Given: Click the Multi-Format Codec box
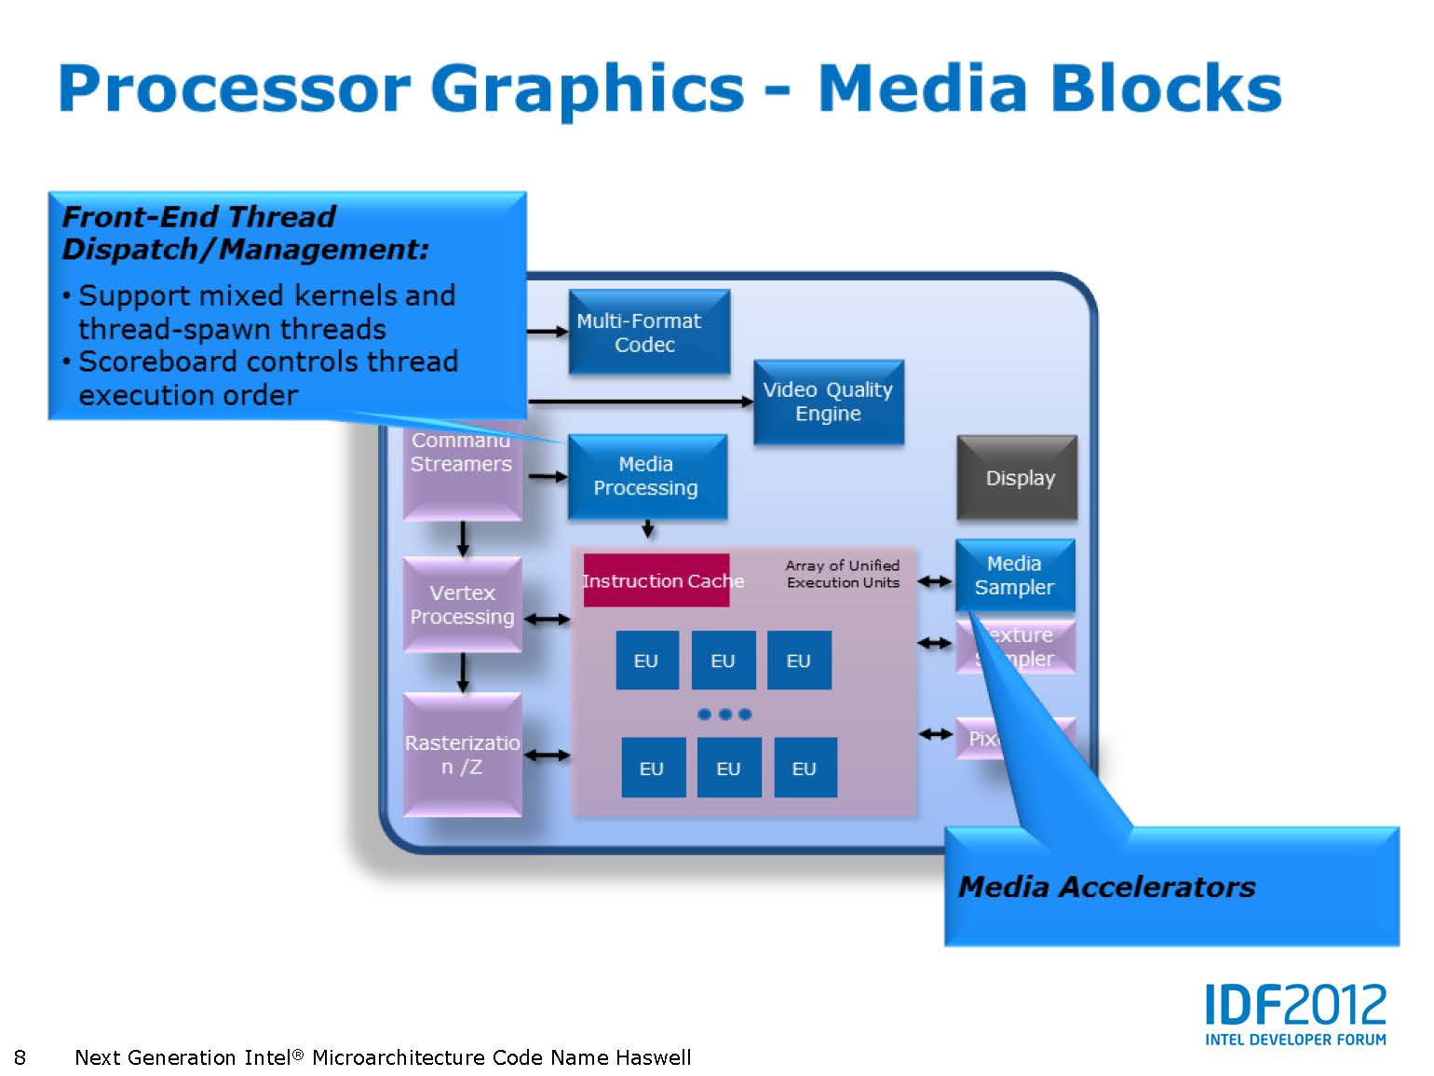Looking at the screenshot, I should pyautogui.click(x=648, y=333).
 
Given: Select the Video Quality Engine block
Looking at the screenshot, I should pyautogui.click(x=828, y=402).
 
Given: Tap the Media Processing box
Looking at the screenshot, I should pyautogui.click(x=646, y=476).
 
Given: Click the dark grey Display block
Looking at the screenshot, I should pyautogui.click(x=1017, y=478).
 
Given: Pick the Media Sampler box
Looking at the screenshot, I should pyautogui.click(x=1014, y=576).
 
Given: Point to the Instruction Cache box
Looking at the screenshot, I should pyautogui.click(x=657, y=580).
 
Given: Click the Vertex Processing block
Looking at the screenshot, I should pyautogui.click(x=462, y=605).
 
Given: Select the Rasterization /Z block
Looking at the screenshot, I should pyautogui.click(x=462, y=755).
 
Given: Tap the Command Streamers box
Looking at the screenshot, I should pyautogui.click(x=462, y=466).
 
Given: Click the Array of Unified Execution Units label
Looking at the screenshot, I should pyautogui.click(x=843, y=574).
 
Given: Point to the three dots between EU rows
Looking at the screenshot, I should pyautogui.click(x=724, y=715).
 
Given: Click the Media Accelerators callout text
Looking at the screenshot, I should pyautogui.click(x=1106, y=887).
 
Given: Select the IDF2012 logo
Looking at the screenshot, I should pyautogui.click(x=1295, y=1014).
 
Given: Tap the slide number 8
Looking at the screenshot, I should pyautogui.click(x=20, y=1057).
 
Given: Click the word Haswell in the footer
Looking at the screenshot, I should pyautogui.click(x=653, y=1057).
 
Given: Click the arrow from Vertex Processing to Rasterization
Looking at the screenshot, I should pyautogui.click(x=463, y=673).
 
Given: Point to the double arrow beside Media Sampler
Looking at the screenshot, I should pyautogui.click(x=935, y=582).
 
